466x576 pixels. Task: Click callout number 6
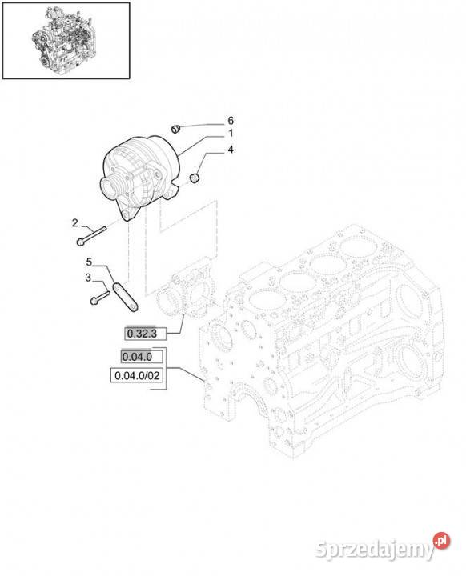231,121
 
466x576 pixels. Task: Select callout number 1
231,133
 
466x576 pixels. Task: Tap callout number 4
231,150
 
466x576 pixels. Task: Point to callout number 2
75,223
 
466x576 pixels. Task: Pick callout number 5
89,262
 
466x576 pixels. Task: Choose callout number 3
88,278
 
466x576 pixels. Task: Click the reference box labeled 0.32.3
145,334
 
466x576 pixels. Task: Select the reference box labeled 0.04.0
142,356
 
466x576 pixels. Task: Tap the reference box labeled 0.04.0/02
137,375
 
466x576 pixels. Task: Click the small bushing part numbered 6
176,129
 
